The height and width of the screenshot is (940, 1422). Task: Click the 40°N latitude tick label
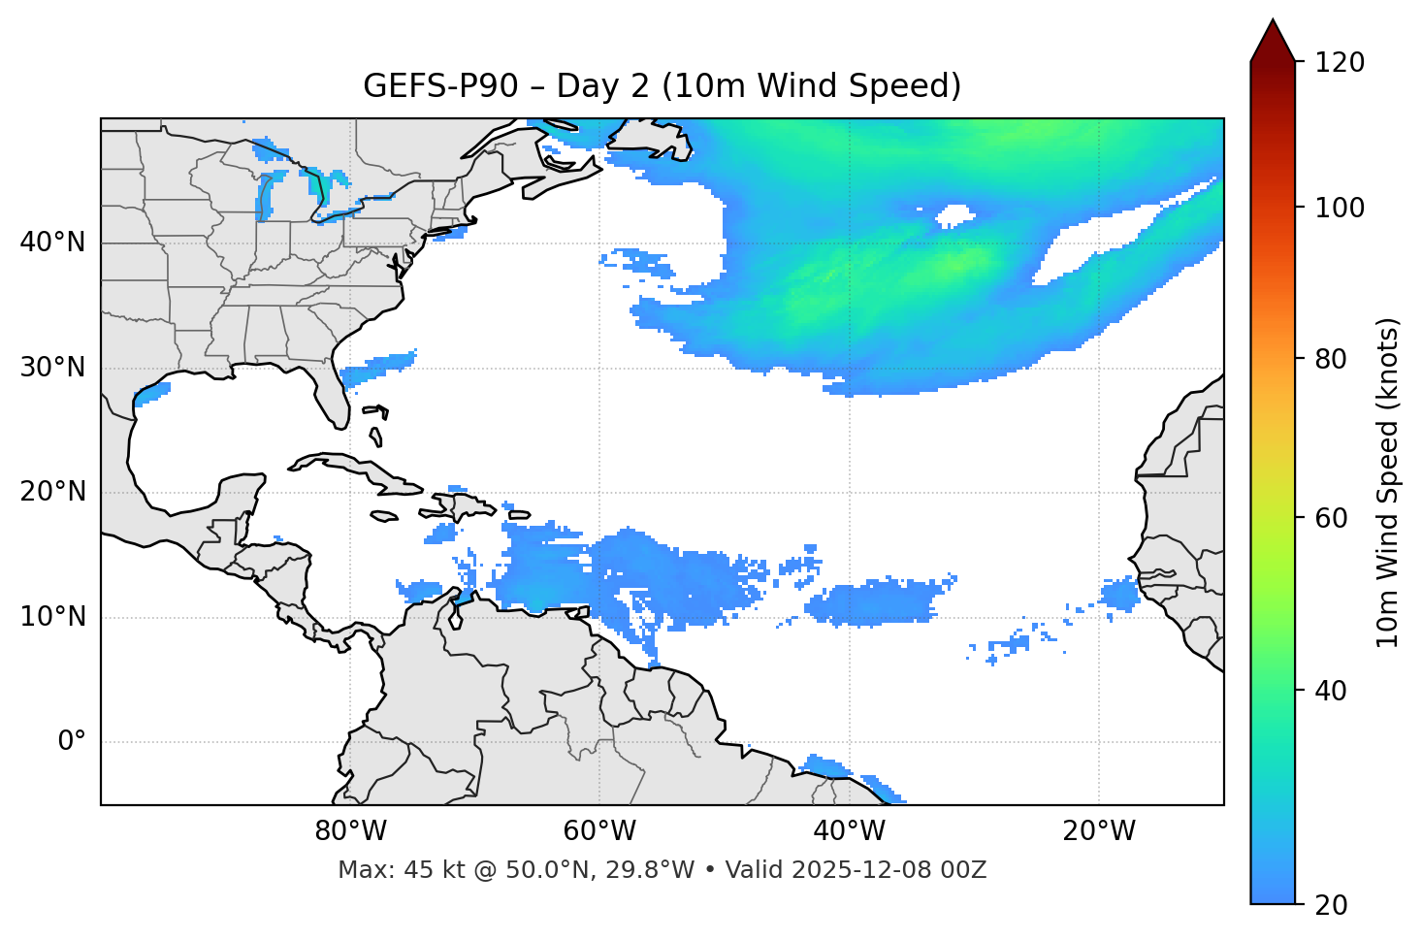pos(52,243)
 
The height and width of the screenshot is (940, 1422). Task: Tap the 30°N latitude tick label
pos(52,368)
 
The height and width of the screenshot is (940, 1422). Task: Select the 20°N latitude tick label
pos(52,493)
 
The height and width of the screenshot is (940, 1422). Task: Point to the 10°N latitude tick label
pos(52,617)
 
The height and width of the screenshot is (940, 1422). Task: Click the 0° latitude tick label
pos(72,742)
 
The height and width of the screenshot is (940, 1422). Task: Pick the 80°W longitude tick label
pos(350,831)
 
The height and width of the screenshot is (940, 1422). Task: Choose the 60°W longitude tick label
pos(599,831)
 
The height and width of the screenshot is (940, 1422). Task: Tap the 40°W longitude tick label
pos(850,831)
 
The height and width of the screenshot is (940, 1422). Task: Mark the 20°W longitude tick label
pos(1099,831)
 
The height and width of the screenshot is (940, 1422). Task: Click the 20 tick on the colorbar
pos(1331,905)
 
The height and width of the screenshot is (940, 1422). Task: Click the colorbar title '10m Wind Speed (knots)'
pos(1389,483)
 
